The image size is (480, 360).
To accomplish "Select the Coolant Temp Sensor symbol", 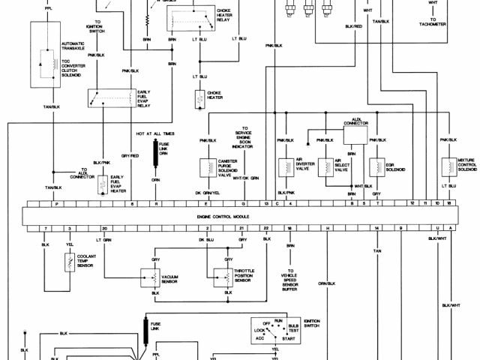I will coord(69,262).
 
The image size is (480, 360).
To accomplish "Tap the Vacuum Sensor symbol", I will coord(148,277).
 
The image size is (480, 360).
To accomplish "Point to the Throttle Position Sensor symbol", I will coord(223,277).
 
